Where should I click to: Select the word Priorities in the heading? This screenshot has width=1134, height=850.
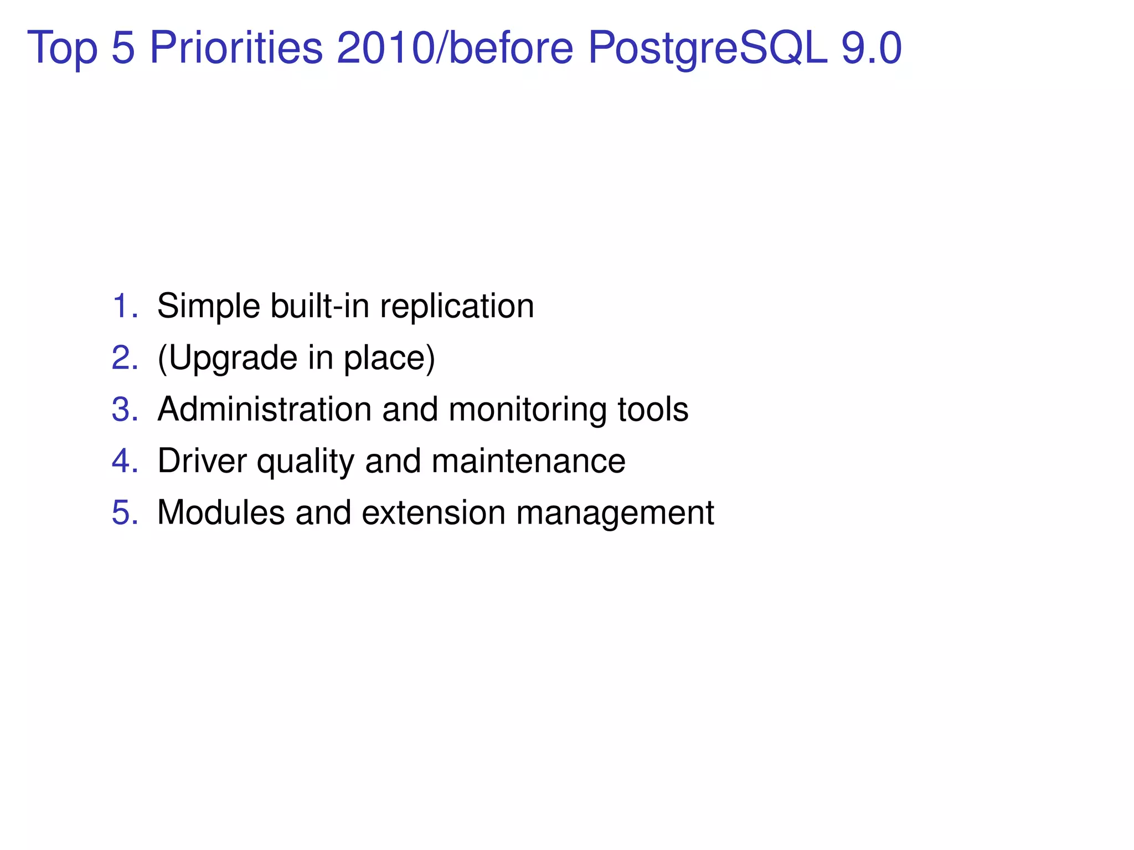coord(236,48)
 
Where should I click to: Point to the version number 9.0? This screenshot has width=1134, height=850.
coord(872,48)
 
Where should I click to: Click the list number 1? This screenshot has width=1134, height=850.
coord(125,306)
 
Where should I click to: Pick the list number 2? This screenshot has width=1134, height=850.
coord(125,357)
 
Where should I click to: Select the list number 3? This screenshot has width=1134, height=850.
coord(125,410)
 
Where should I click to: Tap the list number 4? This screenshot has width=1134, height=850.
coord(125,461)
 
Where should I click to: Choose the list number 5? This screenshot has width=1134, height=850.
coord(125,512)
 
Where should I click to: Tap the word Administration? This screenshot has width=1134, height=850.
coord(264,410)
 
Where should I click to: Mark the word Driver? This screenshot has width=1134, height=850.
coord(202,461)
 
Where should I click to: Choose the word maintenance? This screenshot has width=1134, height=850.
coord(528,461)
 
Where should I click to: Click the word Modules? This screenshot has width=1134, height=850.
coord(221,512)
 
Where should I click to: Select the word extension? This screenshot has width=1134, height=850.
coord(434,512)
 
